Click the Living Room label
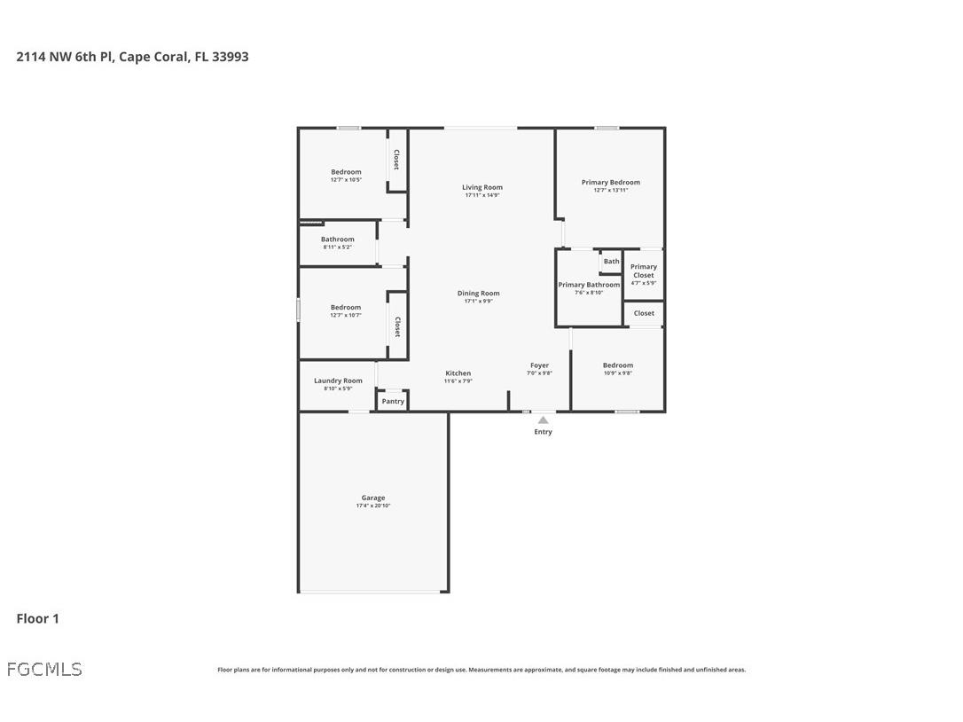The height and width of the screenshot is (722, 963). pyautogui.click(x=481, y=187)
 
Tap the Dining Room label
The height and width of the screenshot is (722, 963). pyautogui.click(x=478, y=293)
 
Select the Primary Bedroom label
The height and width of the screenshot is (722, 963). pyautogui.click(x=610, y=182)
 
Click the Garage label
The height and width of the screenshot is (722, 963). pyautogui.click(x=372, y=498)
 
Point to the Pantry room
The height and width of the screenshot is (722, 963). pyautogui.click(x=393, y=401)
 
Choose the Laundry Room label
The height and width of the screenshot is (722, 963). pyautogui.click(x=338, y=381)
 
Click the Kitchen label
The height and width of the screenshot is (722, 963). pyautogui.click(x=458, y=373)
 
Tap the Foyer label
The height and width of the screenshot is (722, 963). pyautogui.click(x=539, y=365)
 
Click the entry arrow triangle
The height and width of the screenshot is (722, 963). pyautogui.click(x=543, y=420)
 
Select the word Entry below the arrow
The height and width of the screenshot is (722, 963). pyautogui.click(x=543, y=432)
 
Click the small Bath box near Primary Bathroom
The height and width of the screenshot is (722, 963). pyautogui.click(x=611, y=262)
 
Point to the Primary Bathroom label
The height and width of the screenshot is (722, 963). pyautogui.click(x=589, y=285)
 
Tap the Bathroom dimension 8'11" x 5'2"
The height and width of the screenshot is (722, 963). pyautogui.click(x=337, y=247)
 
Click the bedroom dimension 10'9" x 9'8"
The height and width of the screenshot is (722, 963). pyautogui.click(x=618, y=373)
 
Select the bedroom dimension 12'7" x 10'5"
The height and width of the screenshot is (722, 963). pyautogui.click(x=346, y=180)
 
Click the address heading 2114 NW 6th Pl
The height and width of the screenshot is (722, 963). pyautogui.click(x=132, y=57)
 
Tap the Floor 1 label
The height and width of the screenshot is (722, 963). pyautogui.click(x=37, y=618)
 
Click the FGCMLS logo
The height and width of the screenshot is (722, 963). pyautogui.click(x=44, y=669)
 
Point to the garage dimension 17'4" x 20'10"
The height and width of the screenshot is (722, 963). pyautogui.click(x=372, y=506)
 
